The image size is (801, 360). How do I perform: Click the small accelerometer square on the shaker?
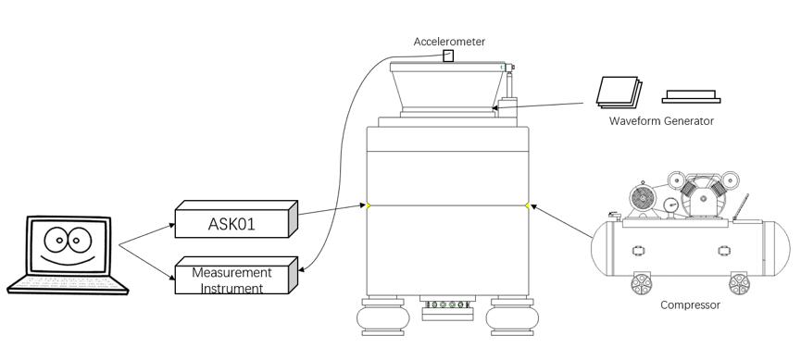(x=448, y=56)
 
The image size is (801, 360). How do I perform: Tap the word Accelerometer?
(x=449, y=42)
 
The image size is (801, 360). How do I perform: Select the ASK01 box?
(x=232, y=222)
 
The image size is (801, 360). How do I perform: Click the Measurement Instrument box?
(x=232, y=279)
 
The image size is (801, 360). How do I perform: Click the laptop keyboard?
(x=66, y=281)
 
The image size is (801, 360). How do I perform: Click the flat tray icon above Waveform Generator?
(x=691, y=95)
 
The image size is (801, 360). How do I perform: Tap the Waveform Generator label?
(x=661, y=121)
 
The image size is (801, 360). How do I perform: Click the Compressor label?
(x=690, y=304)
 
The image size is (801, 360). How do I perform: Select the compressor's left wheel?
(x=640, y=282)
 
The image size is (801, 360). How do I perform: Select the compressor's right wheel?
(x=739, y=282)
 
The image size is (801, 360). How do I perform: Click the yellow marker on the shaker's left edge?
(x=368, y=205)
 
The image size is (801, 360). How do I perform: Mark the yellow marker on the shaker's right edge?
(x=528, y=205)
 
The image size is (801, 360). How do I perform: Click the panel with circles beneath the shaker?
(x=447, y=305)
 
